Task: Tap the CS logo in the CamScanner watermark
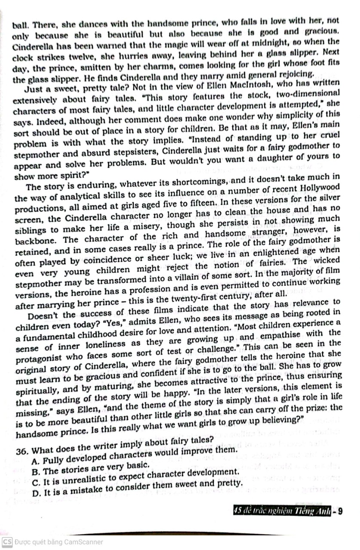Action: [x=7, y=542]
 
